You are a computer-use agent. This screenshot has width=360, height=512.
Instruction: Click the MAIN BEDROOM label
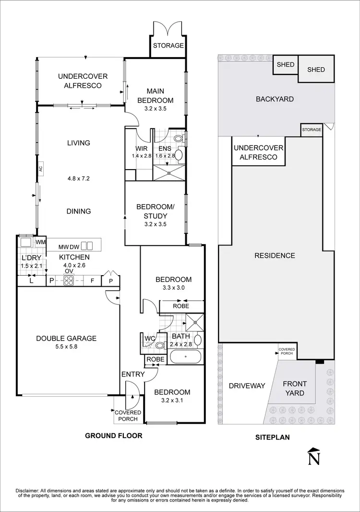(155, 96)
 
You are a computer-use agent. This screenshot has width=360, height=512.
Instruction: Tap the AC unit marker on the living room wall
(41, 169)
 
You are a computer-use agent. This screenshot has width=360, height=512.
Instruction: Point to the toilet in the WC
(160, 344)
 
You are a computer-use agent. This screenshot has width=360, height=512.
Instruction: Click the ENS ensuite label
(165, 149)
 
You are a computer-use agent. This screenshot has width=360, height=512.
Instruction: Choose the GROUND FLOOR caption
(114, 436)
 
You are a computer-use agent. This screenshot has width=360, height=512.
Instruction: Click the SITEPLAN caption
(273, 438)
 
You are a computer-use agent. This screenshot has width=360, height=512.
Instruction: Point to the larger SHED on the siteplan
(316, 70)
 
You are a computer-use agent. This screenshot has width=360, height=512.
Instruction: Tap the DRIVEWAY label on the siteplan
(247, 386)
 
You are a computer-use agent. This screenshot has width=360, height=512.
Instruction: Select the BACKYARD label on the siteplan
(275, 99)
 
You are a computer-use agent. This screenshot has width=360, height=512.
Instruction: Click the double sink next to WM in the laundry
(26, 242)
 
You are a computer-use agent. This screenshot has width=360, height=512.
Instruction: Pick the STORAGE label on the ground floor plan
(168, 46)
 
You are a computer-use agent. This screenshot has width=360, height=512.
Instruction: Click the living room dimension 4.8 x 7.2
(79, 178)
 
